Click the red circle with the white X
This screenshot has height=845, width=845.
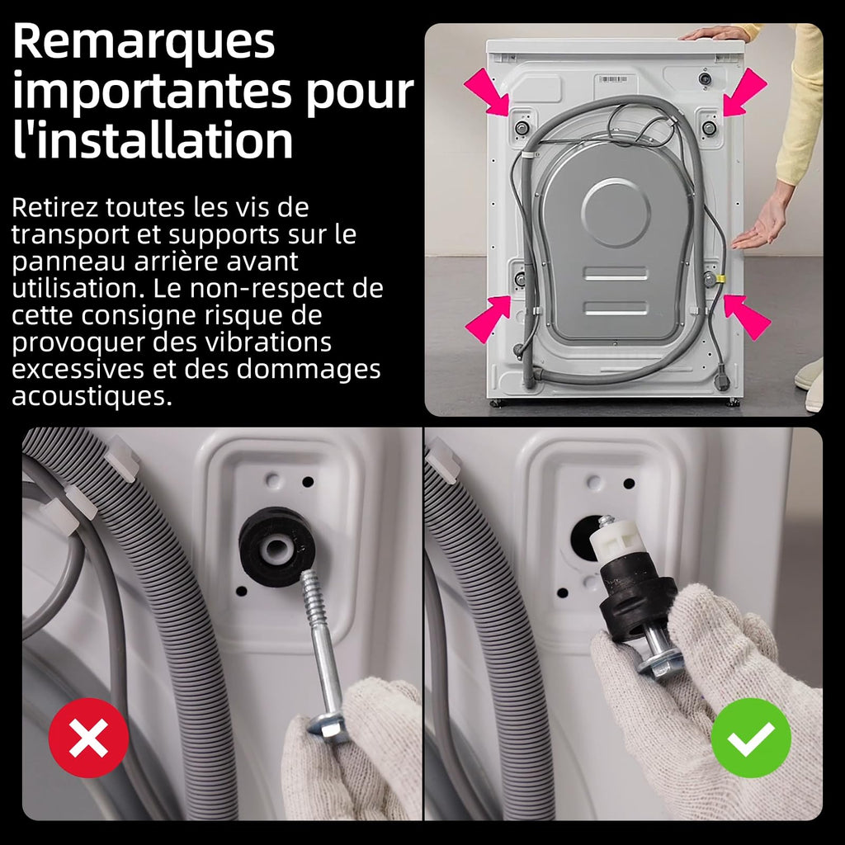click(88, 737)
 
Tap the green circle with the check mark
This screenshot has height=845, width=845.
click(751, 737)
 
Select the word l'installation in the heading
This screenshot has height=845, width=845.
click(153, 139)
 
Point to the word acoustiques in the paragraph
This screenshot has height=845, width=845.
click(92, 397)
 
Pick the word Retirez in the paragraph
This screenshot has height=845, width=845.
click(54, 207)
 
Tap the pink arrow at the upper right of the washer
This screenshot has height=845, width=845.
click(745, 92)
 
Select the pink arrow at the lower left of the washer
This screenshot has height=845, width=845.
click(488, 319)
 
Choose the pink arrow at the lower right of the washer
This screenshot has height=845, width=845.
click(746, 317)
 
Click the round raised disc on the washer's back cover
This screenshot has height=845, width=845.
click(616, 212)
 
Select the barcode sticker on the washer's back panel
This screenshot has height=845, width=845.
click(613, 79)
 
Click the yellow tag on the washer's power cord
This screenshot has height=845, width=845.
click(720, 279)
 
